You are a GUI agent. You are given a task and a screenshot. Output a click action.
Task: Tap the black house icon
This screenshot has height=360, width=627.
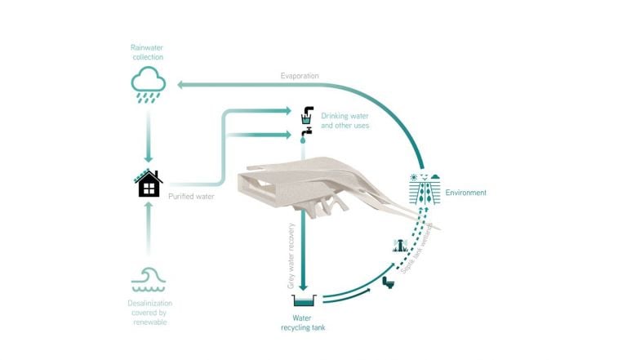coord(149,184)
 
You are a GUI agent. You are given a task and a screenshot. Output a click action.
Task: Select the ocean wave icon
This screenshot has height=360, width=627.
coord(149,279)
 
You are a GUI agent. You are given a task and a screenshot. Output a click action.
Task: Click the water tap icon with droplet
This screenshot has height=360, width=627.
coord(307,133)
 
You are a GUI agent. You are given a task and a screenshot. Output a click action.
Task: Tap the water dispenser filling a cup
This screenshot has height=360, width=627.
coord(307,113)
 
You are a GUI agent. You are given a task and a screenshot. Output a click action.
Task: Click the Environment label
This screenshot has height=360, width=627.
coord(465,193)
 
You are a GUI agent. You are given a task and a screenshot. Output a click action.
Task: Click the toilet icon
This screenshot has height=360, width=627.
coord(389,282)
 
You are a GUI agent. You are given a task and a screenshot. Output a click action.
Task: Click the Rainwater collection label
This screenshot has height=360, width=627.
coord(149,53)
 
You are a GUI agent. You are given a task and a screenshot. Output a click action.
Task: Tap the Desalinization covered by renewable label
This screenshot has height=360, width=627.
coord(149,313)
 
